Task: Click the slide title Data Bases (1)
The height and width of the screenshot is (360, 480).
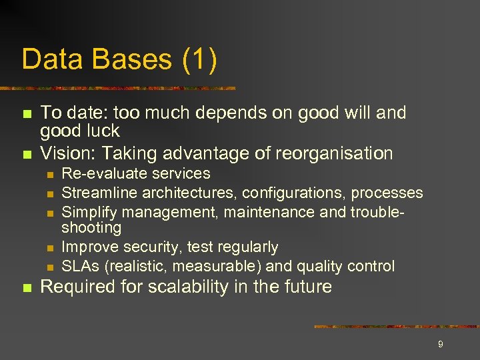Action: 119,59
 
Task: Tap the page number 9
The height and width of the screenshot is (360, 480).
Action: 440,344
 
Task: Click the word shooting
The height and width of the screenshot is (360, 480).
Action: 91,228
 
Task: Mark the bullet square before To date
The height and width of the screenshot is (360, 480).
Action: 27,114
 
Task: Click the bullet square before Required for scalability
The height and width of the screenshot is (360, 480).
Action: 27,288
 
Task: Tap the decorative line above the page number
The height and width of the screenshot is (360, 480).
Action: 396,327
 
